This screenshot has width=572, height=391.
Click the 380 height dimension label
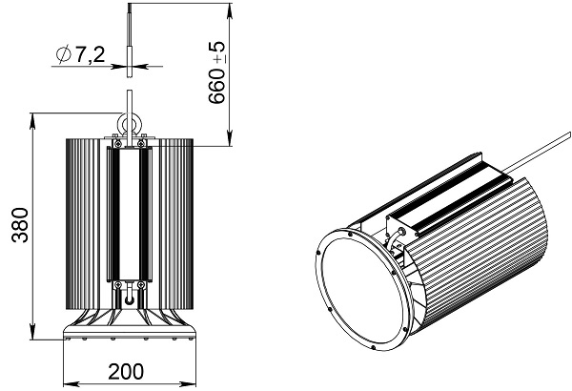tap(20, 225)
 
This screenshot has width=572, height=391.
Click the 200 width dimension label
tap(126, 372)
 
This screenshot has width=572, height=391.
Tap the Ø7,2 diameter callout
tap(81, 54)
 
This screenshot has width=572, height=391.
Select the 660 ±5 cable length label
tap(217, 72)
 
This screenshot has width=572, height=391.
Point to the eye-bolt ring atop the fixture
tap(130, 122)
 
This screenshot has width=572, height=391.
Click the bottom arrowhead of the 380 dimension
tap(32, 333)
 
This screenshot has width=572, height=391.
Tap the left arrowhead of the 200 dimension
tap(71, 384)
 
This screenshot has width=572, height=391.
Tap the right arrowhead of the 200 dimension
tap(189, 384)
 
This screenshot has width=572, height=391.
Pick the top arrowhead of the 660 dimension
tap(230, 10)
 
